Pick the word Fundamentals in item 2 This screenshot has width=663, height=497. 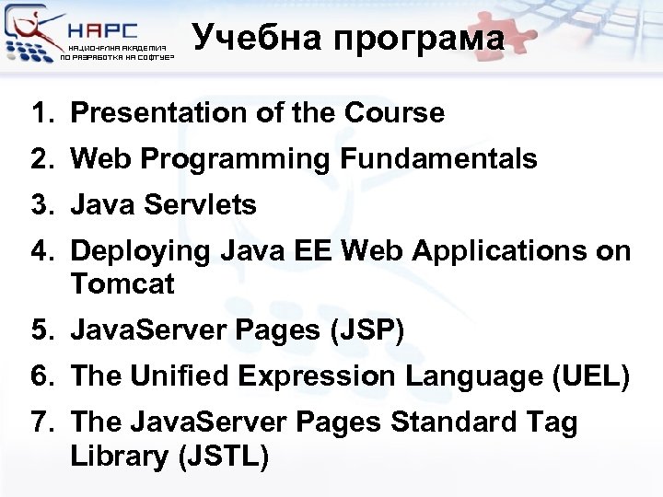[x=438, y=159]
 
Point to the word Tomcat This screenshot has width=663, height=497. [x=122, y=284]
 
